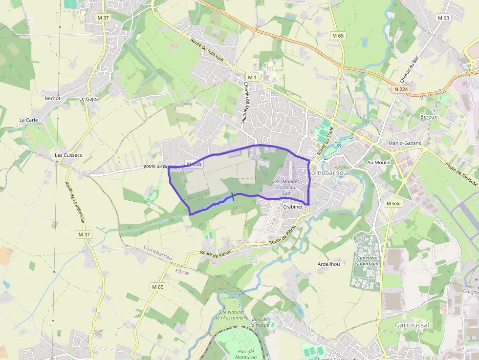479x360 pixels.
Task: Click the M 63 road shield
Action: pos(443,18)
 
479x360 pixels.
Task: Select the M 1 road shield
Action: pos(252,77)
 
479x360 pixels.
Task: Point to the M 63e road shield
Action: pos(393,203)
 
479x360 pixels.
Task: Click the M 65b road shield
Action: pos(194,164)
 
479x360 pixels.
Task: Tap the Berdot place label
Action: pos(52,98)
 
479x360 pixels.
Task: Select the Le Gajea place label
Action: pos(89,98)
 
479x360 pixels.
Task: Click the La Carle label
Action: pos(28,120)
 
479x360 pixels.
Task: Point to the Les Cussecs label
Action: pos(68,155)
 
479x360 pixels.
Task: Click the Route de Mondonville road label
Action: pos(75,202)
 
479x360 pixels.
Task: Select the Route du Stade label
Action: pos(325,141)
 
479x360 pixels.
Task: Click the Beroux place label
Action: pos(428,117)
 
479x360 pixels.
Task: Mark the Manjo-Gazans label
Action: pos(404,143)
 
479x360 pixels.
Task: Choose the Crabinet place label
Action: pos(293,207)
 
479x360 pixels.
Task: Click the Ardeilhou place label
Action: pos(328,264)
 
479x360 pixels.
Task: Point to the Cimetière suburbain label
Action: pos(369,260)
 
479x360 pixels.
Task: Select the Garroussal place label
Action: pos(412,325)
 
